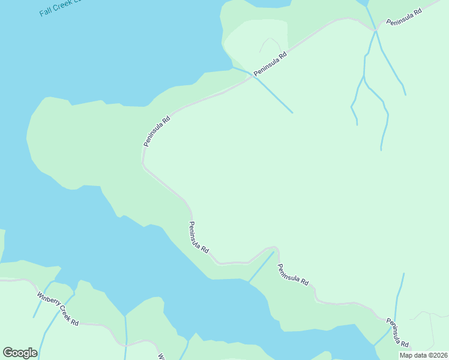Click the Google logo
click(20, 353)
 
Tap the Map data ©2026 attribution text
click(423, 355)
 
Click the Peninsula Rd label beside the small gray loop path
click(271, 64)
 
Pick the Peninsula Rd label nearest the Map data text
click(397, 333)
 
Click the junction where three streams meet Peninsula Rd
click(376, 30)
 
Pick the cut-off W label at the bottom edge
click(161, 356)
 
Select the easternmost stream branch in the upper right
click(393, 69)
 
